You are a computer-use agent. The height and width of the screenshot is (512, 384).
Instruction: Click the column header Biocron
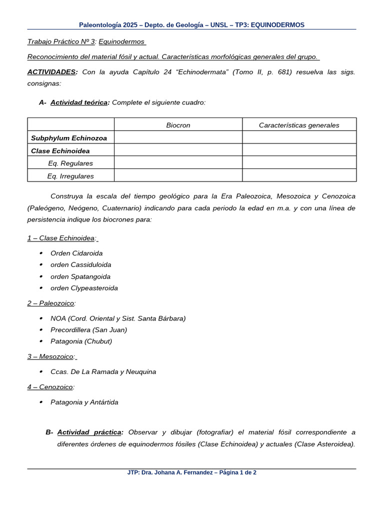point(178,125)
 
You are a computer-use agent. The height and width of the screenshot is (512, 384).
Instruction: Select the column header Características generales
point(299,125)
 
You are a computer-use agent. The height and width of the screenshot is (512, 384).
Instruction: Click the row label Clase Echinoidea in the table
point(60,150)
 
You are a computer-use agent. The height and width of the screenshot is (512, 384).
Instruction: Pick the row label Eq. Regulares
point(70,163)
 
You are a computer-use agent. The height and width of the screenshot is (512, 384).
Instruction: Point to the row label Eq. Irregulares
point(70,176)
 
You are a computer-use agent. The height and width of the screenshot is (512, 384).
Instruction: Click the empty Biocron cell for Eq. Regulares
point(178,163)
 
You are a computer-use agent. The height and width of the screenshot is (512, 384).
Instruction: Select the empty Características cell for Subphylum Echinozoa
point(299,138)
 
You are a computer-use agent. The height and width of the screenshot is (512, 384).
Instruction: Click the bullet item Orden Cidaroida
point(76,253)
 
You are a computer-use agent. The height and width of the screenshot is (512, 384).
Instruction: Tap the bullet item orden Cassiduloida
point(80,264)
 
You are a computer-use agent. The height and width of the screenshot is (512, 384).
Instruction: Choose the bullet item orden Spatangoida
point(80,276)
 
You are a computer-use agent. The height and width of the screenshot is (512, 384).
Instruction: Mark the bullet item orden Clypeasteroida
point(84,288)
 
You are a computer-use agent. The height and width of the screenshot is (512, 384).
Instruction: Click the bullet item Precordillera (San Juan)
point(88,329)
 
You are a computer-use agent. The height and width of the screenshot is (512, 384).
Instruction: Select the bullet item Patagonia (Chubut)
point(81,341)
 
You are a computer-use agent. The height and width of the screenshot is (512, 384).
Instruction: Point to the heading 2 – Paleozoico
point(51,303)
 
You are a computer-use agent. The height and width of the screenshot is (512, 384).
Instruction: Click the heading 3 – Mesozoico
point(51,356)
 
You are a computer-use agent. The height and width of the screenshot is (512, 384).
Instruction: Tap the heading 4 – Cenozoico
point(50,386)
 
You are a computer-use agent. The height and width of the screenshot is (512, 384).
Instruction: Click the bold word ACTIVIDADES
point(51,72)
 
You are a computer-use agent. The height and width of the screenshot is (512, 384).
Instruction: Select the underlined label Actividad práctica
point(89,432)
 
